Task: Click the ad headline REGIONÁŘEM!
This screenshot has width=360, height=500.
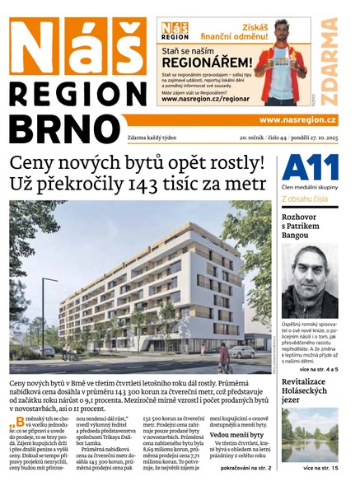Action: [x=206, y=62]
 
